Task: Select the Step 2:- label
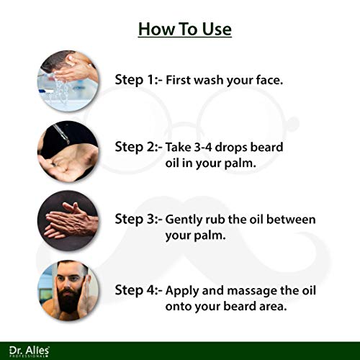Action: [138, 146]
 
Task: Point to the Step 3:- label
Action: [138, 218]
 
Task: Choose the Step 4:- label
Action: [138, 290]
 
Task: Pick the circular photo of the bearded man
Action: [68, 289]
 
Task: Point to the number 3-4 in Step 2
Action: [207, 146]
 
